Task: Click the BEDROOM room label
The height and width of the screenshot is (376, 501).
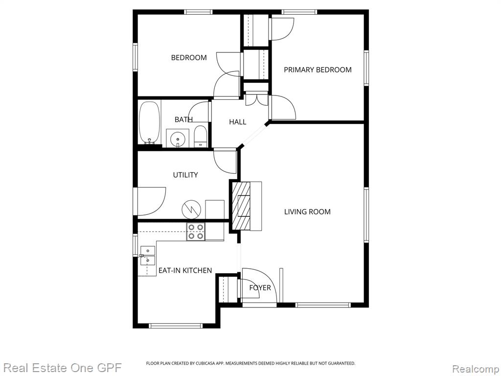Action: click(x=189, y=58)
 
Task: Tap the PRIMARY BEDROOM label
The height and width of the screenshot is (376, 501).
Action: click(x=318, y=70)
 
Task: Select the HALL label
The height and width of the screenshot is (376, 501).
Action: click(x=238, y=122)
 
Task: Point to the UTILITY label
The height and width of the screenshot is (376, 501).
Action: click(x=185, y=175)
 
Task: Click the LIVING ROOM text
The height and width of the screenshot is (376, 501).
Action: click(x=307, y=211)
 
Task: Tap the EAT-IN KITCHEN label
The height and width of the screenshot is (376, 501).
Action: click(x=185, y=270)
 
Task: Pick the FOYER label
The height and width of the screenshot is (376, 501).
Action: click(x=260, y=288)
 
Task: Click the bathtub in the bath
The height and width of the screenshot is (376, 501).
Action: click(x=150, y=123)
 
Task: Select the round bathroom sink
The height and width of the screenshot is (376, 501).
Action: click(x=177, y=139)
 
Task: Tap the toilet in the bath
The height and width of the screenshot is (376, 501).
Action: click(x=200, y=137)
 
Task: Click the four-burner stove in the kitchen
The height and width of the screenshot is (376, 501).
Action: click(x=196, y=232)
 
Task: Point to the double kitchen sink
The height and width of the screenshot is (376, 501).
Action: click(x=148, y=256)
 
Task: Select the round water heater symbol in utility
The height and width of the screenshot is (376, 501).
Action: click(x=191, y=210)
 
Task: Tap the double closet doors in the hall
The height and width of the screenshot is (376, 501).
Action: click(x=257, y=99)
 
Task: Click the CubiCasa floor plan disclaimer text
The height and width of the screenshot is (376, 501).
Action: click(x=250, y=363)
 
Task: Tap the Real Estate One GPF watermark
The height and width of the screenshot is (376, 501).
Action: click(x=61, y=368)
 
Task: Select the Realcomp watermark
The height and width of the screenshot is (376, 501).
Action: click(x=476, y=369)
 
